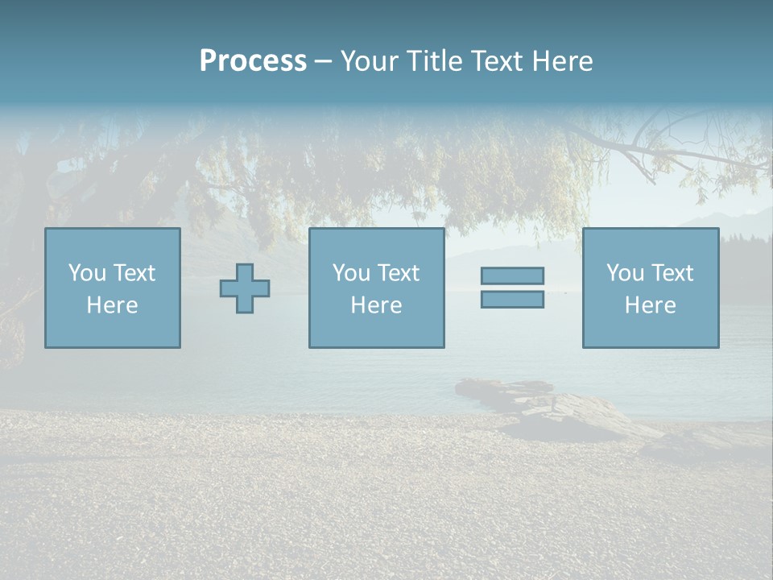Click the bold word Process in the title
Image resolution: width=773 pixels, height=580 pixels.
click(253, 61)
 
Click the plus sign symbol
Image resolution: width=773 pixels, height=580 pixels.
click(245, 288)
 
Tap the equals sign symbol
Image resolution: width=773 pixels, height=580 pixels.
click(512, 288)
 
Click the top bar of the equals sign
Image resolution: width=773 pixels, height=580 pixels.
click(512, 276)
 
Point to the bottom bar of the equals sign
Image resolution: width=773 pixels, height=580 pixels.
click(512, 299)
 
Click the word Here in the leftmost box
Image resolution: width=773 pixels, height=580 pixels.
click(112, 305)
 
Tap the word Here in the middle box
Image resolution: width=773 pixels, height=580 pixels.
click(376, 305)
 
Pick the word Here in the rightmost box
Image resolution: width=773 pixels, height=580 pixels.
click(650, 305)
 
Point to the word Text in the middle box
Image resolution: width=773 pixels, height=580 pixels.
click(398, 273)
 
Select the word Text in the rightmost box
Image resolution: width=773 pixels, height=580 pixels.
click(672, 273)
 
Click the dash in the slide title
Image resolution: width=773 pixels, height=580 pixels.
click(323, 61)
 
